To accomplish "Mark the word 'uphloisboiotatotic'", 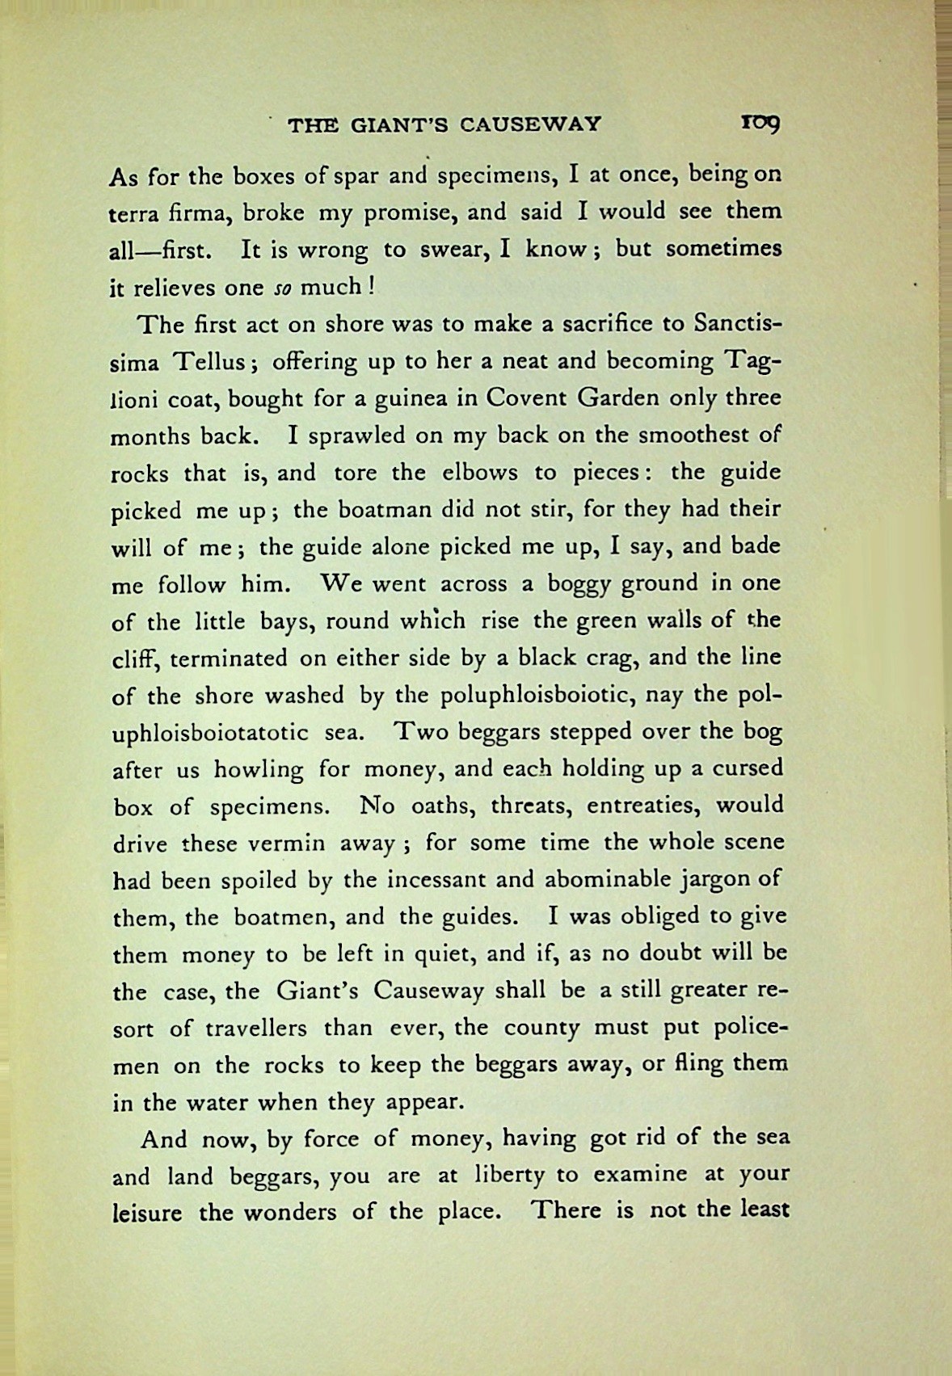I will click(209, 733).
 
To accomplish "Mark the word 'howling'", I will click(259, 769).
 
